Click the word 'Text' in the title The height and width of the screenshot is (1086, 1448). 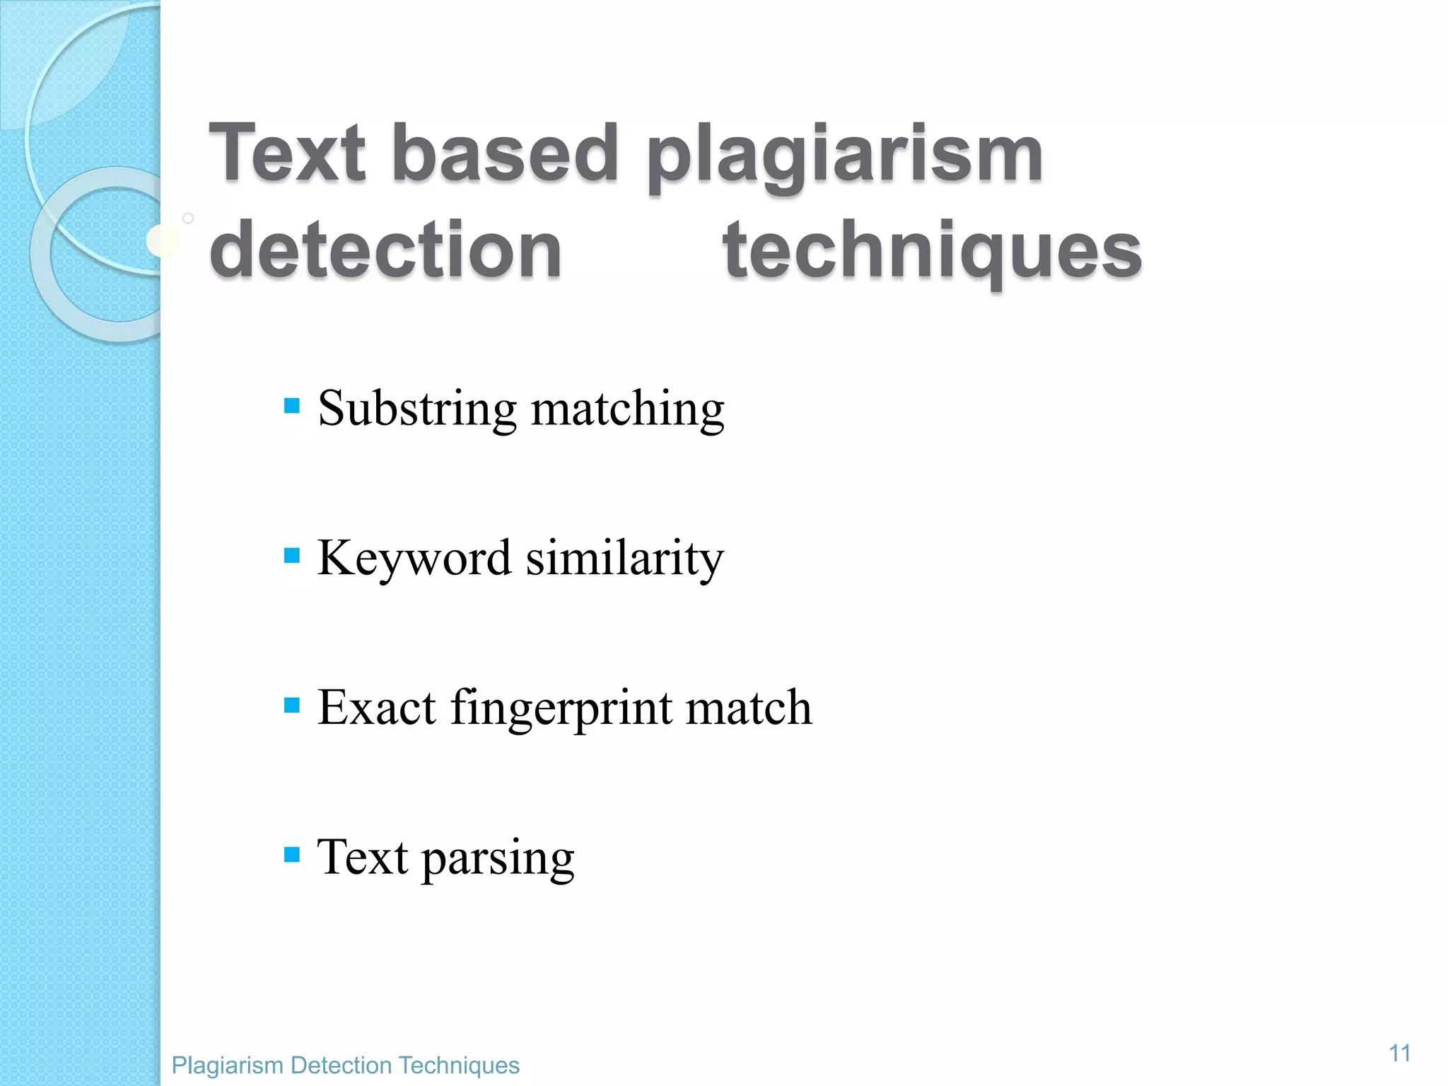(x=288, y=153)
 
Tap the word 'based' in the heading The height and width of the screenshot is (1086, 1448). (x=505, y=153)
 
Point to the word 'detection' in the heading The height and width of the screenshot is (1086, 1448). (x=386, y=250)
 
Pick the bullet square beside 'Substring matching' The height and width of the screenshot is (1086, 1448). (x=292, y=406)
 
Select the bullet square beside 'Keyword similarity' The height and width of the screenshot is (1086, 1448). (x=292, y=555)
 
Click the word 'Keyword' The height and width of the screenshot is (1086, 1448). (x=414, y=559)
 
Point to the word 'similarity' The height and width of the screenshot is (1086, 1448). (x=625, y=560)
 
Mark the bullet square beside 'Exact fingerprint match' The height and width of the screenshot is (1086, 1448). (x=292, y=705)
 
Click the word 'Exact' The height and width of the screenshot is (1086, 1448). (x=377, y=707)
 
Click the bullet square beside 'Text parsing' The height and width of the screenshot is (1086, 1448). (x=292, y=855)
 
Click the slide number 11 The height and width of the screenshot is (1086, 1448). (x=1399, y=1053)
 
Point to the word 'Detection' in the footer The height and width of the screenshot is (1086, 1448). (x=341, y=1065)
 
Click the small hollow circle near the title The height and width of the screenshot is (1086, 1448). (x=188, y=218)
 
